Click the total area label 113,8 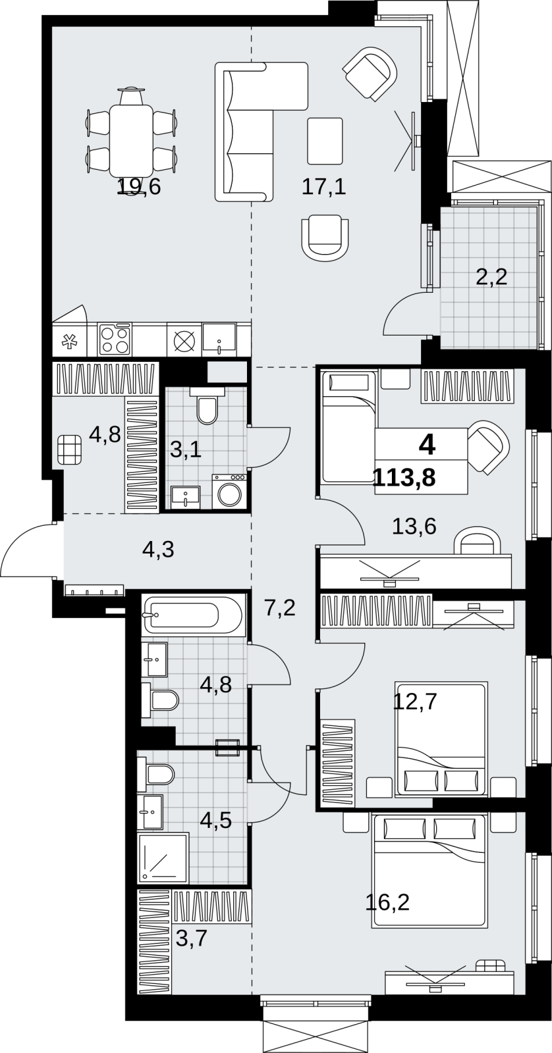point(404,478)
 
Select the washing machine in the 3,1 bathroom point(229,491)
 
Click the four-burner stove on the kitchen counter point(115,339)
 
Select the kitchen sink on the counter point(219,338)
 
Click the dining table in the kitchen point(131,140)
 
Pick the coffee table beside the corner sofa point(325,141)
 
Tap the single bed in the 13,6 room point(348,426)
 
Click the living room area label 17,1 point(324,187)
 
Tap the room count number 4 point(428,445)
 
